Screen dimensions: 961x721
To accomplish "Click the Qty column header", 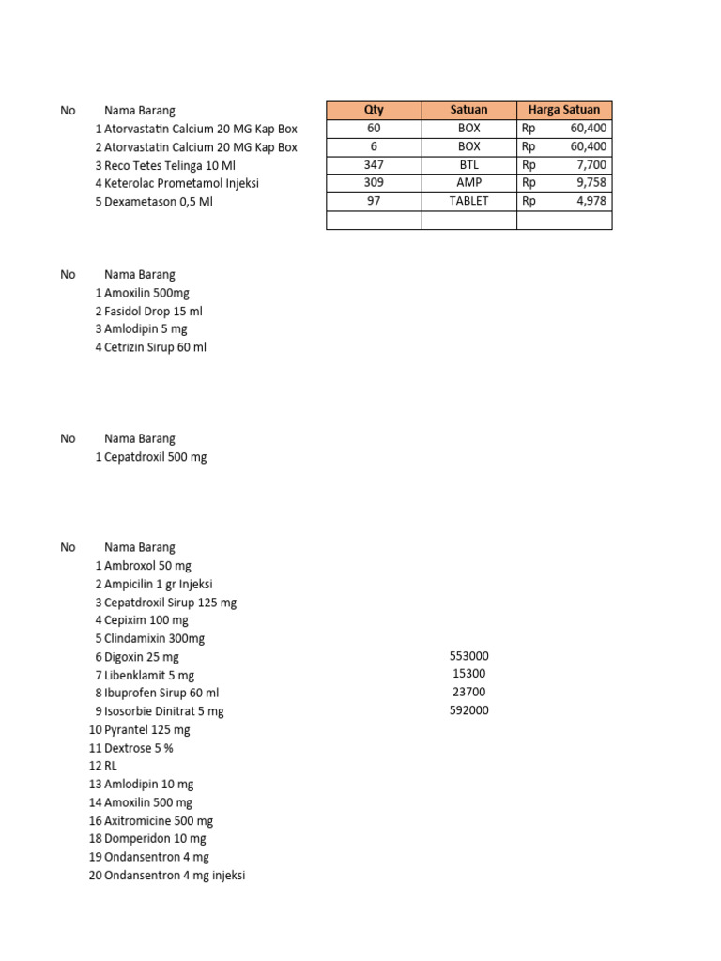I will tap(374, 110).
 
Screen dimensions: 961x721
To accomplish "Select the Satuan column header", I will tap(468, 110).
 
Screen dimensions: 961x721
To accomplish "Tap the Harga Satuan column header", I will tap(564, 110).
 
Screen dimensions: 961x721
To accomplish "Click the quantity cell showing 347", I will tap(374, 164).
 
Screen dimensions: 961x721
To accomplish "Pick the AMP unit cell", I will tap(468, 183).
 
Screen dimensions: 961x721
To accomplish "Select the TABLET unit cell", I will tap(468, 201).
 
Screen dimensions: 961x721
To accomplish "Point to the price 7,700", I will tap(591, 164).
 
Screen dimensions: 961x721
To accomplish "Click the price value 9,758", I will tap(591, 183).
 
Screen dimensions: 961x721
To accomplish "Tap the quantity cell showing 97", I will tap(374, 201).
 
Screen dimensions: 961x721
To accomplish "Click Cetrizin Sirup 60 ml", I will tap(155, 347).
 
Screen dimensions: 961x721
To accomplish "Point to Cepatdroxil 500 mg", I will tap(155, 457).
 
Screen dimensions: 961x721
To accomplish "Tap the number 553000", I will tap(469, 656).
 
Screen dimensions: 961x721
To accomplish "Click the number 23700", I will tap(469, 692).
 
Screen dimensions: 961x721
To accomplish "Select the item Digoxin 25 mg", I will tap(141, 657).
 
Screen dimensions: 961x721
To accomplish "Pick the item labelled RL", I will tap(112, 766).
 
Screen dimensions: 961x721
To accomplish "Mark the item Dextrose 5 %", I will tap(139, 748).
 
